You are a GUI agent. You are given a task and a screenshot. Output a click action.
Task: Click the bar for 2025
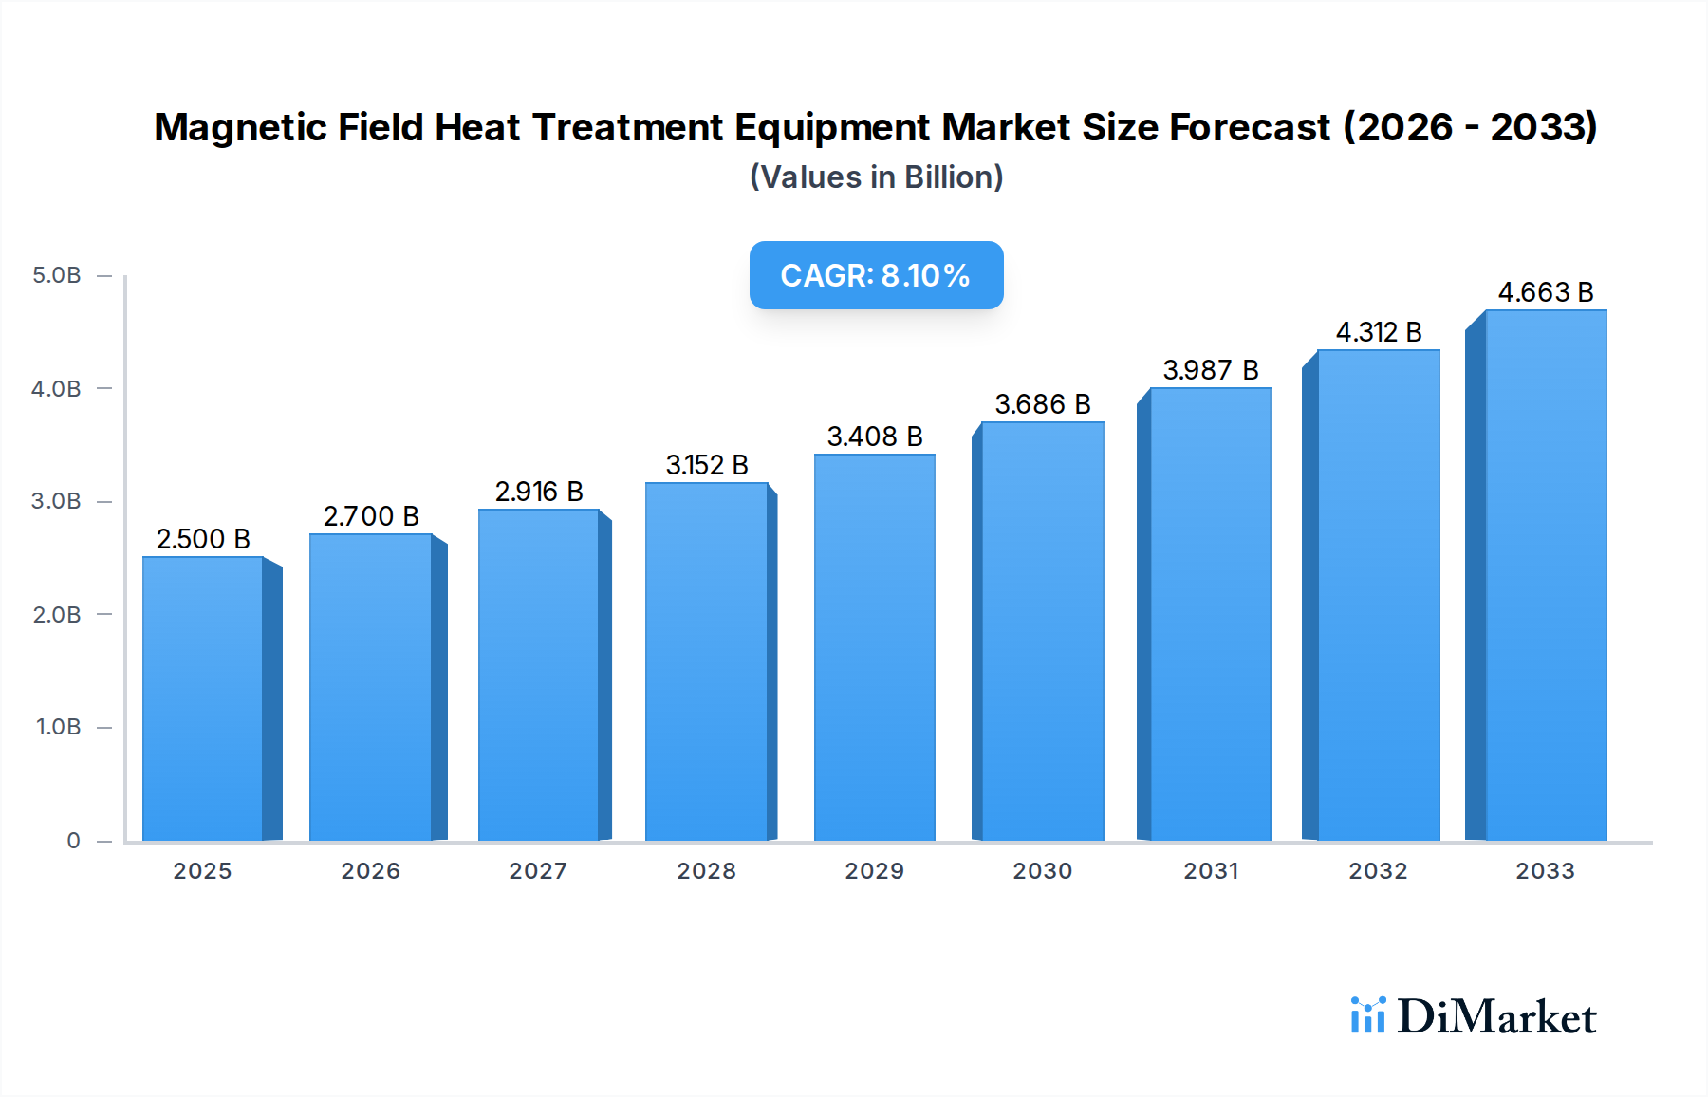pyautogui.click(x=203, y=698)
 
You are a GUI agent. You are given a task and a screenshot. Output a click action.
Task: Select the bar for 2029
pyautogui.click(x=874, y=647)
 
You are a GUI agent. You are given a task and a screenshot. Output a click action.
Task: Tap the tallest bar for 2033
pyautogui.click(x=1545, y=575)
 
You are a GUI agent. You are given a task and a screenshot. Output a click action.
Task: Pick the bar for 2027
pyautogui.click(x=538, y=675)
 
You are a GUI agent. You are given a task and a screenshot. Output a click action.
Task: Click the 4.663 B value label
pyautogui.click(x=1545, y=292)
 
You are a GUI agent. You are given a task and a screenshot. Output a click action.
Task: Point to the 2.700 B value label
pyautogui.click(x=371, y=516)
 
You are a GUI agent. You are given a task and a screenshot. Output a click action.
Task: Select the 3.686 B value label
pyautogui.click(x=1042, y=404)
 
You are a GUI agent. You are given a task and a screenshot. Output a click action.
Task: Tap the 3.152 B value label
pyautogui.click(x=707, y=465)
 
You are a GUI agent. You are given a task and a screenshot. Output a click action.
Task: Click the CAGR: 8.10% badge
pyautogui.click(x=876, y=275)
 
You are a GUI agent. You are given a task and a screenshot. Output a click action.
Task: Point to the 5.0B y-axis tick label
pyautogui.click(x=57, y=275)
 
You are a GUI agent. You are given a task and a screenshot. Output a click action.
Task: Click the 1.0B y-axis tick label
pyautogui.click(x=58, y=727)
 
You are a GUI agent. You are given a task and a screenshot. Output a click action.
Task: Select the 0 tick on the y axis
pyautogui.click(x=73, y=841)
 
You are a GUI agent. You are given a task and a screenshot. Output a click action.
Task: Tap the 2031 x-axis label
pyautogui.click(x=1210, y=871)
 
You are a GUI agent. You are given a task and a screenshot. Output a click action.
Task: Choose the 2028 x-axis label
pyautogui.click(x=706, y=871)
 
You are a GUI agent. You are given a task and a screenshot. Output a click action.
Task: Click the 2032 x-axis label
pyautogui.click(x=1378, y=871)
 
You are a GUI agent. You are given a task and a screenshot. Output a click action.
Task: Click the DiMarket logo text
pyautogui.click(x=1496, y=1017)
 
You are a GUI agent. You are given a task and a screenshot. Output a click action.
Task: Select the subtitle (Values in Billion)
pyautogui.click(x=876, y=177)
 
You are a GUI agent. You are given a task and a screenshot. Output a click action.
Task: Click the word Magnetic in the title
pyautogui.click(x=241, y=127)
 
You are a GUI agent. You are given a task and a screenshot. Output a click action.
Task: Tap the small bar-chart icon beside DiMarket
pyautogui.click(x=1367, y=1015)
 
